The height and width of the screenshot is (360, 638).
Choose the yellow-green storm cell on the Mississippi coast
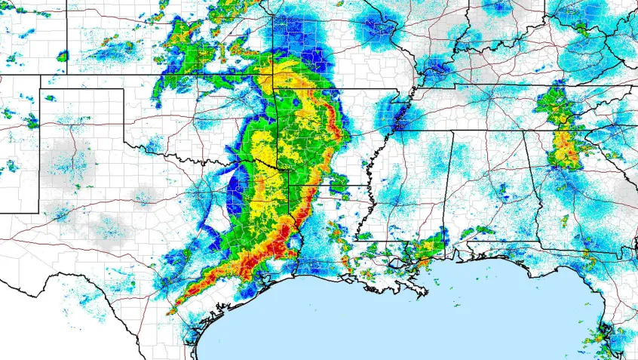pyautogui.click(x=430, y=246)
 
